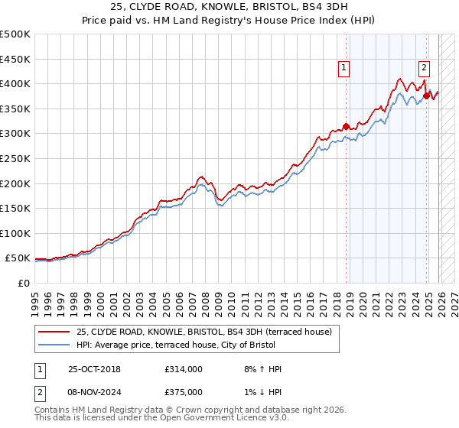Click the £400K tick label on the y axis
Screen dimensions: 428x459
15,83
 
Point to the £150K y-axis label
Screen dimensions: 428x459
15,208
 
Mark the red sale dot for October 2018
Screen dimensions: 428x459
346,126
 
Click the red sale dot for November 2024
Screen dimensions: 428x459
426,96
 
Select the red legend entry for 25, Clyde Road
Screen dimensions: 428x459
203,332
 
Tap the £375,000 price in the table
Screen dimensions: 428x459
184,391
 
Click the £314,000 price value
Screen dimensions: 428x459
184,369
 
